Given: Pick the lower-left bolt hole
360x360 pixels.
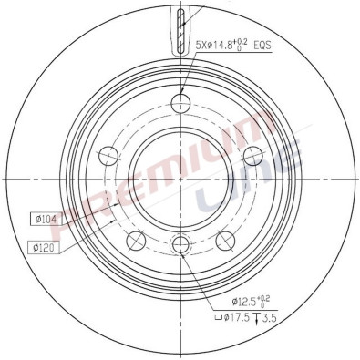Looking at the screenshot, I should coord(135,240).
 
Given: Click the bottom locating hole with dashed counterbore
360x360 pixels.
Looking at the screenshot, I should coord(180,243).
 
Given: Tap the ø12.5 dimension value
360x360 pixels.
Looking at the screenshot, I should coord(246,302).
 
